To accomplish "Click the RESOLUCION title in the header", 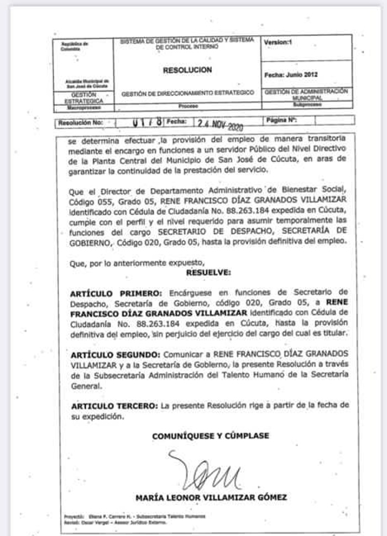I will point(187,70).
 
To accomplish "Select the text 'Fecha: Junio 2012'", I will point(291,75).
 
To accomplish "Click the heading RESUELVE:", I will point(208,273).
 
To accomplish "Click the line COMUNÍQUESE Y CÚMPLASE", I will point(211,436).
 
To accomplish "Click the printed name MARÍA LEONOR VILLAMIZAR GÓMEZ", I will point(211,498).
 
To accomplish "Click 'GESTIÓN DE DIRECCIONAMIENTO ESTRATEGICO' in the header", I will point(188,93).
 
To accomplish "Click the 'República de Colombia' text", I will point(70,45).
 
